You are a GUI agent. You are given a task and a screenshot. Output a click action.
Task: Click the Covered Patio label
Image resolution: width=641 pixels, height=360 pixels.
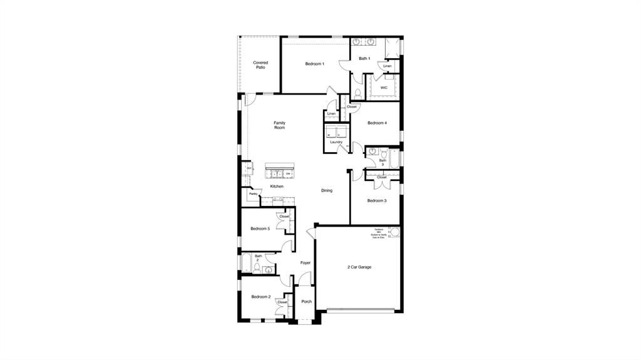(x=260, y=65)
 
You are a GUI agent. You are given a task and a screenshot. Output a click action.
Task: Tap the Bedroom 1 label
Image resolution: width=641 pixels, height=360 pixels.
(x=314, y=64)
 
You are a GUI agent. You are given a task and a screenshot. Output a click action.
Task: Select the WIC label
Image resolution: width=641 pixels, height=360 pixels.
(x=384, y=88)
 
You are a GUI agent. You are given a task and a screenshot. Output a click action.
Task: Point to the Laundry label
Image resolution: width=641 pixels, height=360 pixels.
(x=336, y=142)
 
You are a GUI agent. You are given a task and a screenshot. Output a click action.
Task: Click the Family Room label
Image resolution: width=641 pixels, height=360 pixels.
(x=279, y=125)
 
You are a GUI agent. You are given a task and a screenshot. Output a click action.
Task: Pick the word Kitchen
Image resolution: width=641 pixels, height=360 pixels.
(x=277, y=187)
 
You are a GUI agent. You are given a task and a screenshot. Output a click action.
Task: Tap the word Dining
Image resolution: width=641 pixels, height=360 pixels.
(x=327, y=190)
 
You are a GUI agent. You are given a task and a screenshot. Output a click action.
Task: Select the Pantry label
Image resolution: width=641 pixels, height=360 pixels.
(x=253, y=194)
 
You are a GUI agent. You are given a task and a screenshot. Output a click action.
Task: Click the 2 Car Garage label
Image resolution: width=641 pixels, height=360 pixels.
(x=359, y=267)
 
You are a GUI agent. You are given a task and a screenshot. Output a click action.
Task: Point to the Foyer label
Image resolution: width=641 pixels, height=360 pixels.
(x=305, y=263)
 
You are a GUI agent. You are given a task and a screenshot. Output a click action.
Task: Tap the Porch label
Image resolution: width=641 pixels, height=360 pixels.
(x=306, y=302)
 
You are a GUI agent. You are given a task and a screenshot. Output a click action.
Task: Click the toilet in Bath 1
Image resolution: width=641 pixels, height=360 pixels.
(x=357, y=93)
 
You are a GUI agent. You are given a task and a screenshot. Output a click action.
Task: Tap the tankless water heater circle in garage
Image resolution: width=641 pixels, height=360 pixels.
(x=395, y=233)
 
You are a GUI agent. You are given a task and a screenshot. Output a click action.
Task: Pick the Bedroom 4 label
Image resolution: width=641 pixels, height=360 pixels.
(x=377, y=123)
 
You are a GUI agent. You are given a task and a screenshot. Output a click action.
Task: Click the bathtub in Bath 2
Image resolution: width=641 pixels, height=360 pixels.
(x=244, y=263)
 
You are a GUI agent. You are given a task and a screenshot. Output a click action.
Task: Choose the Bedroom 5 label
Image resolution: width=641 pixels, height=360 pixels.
(x=260, y=229)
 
